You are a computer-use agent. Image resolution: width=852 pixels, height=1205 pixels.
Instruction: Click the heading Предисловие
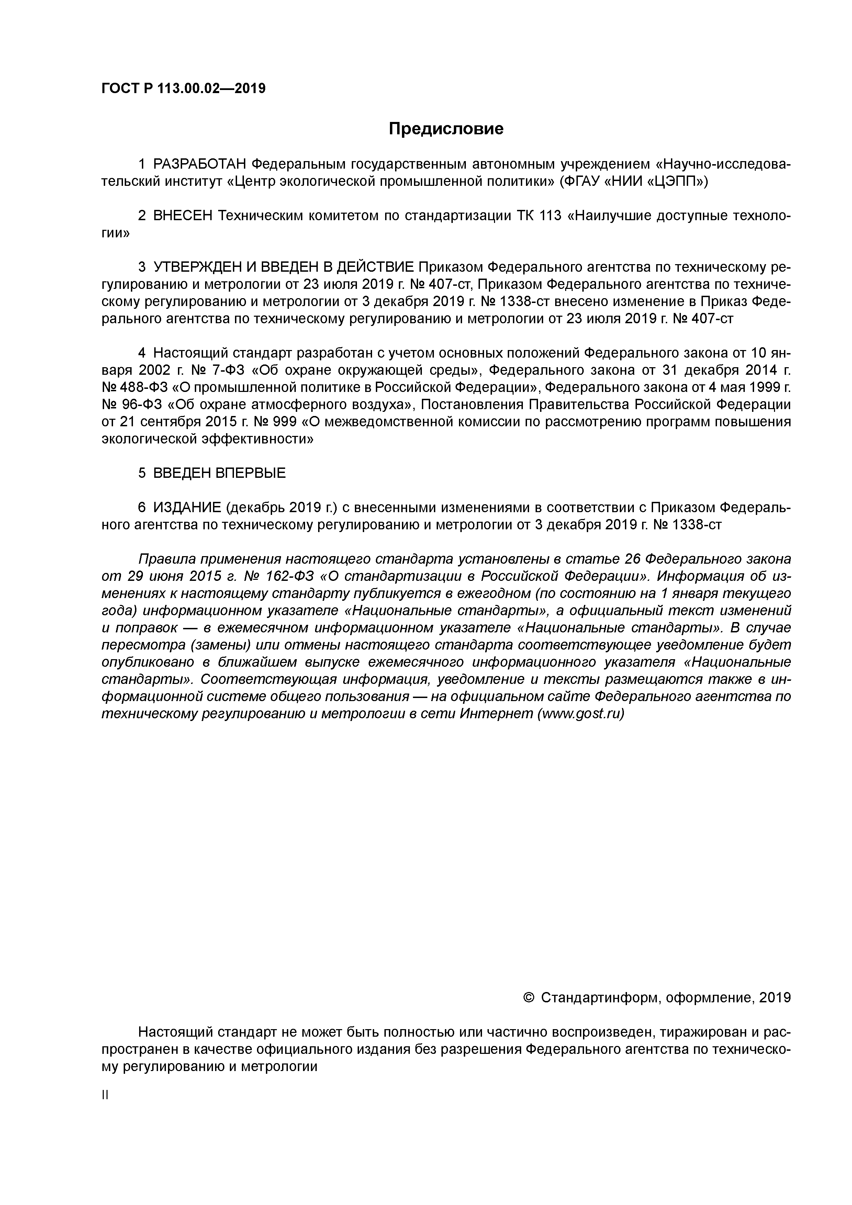click(x=446, y=128)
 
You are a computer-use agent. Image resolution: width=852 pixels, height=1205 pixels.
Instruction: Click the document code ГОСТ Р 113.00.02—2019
click(x=183, y=89)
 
